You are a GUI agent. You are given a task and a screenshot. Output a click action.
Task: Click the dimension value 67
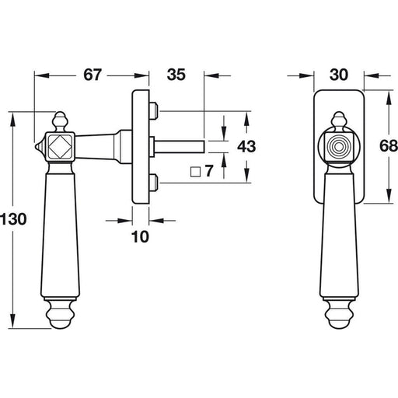[93, 75]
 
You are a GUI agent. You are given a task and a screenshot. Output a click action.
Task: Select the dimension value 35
[176, 75]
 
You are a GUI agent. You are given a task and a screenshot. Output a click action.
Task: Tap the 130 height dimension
[13, 219]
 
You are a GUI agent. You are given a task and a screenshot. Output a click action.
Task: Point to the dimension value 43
[246, 146]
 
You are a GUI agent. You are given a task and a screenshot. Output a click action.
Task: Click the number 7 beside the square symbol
[209, 171]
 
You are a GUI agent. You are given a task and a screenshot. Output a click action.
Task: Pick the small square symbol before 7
[196, 172]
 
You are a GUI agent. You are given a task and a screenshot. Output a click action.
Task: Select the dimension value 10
[140, 237]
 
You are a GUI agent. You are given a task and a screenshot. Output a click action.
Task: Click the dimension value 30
[339, 75]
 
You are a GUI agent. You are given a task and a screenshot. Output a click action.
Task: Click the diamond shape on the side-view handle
[60, 147]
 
